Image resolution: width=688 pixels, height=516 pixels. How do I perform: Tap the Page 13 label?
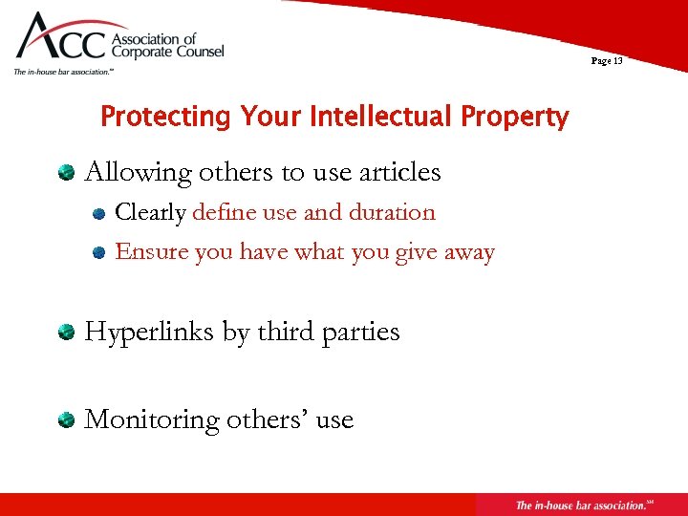click(606, 61)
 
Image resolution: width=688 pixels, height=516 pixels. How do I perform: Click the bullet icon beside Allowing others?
click(66, 173)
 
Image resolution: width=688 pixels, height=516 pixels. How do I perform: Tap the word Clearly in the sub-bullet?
click(150, 212)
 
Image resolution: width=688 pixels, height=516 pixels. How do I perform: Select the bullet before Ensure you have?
click(98, 253)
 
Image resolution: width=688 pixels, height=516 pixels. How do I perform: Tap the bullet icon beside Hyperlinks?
click(66, 333)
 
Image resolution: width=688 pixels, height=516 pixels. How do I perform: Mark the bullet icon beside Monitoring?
click(66, 420)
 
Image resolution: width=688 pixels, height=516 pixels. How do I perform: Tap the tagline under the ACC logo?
click(63, 72)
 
